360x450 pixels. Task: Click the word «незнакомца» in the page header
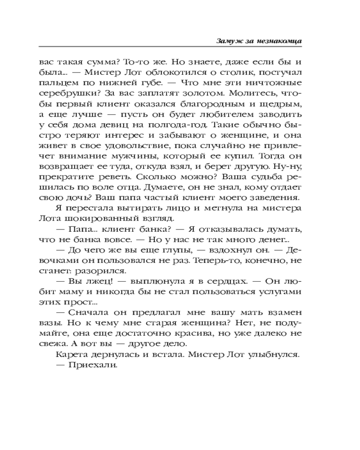tap(279, 40)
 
